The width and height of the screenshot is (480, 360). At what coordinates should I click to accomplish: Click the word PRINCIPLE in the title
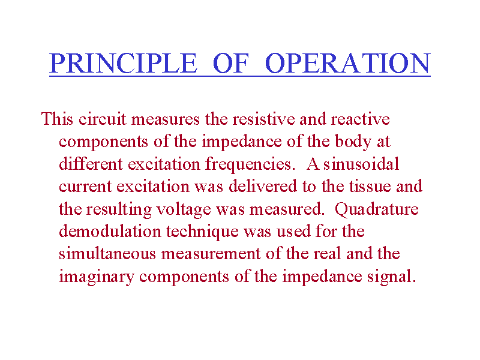tap(123, 63)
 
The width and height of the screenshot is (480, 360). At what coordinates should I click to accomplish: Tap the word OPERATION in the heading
tap(348, 63)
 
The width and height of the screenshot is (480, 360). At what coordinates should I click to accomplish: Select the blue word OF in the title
tap(231, 63)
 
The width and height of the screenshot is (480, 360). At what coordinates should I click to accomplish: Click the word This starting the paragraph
tap(57, 119)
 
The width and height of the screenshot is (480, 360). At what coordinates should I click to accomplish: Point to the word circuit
tap(102, 119)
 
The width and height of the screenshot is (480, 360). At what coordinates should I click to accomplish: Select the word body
tap(353, 142)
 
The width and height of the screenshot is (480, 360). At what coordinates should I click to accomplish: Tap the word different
tap(91, 164)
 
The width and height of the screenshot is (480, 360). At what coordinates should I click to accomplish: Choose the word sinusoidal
tap(361, 164)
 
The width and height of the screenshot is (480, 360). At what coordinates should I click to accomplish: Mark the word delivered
tap(263, 186)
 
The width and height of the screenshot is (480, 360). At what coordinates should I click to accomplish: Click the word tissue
tap(370, 186)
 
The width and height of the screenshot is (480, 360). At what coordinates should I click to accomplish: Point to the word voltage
tap(184, 209)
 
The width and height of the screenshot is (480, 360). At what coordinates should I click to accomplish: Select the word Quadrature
tap(377, 209)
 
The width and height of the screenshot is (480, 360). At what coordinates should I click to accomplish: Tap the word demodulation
tap(110, 231)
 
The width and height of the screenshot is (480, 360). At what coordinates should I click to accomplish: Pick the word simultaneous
tap(107, 254)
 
